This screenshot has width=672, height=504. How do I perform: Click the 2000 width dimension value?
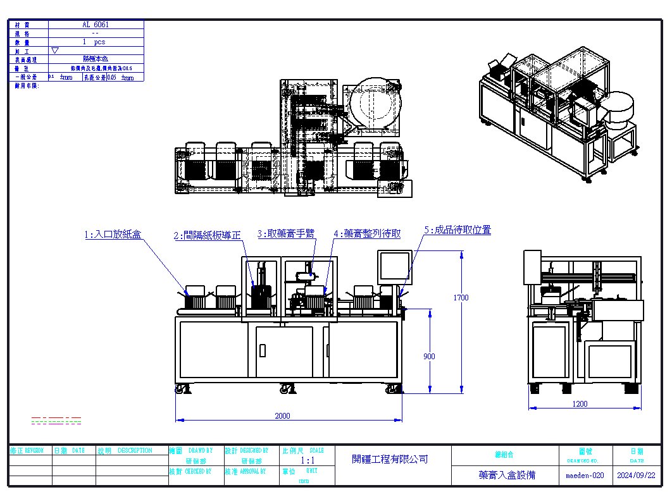282,415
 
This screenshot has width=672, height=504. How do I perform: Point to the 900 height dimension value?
429,357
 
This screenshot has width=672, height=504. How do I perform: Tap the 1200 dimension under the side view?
580,403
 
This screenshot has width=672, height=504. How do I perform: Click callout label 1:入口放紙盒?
113,234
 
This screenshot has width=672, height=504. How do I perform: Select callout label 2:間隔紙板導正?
208,235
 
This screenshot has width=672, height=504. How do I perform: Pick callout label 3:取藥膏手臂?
286,233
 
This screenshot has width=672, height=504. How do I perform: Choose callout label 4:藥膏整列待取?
367,233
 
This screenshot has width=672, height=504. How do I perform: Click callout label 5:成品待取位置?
457,230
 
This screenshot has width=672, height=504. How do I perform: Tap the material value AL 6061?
95,24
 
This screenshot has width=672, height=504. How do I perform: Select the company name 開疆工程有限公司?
390,459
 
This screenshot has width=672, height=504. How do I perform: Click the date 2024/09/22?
636,475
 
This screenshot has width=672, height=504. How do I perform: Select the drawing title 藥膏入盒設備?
507,475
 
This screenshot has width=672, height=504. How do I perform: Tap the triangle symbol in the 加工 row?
55,50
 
